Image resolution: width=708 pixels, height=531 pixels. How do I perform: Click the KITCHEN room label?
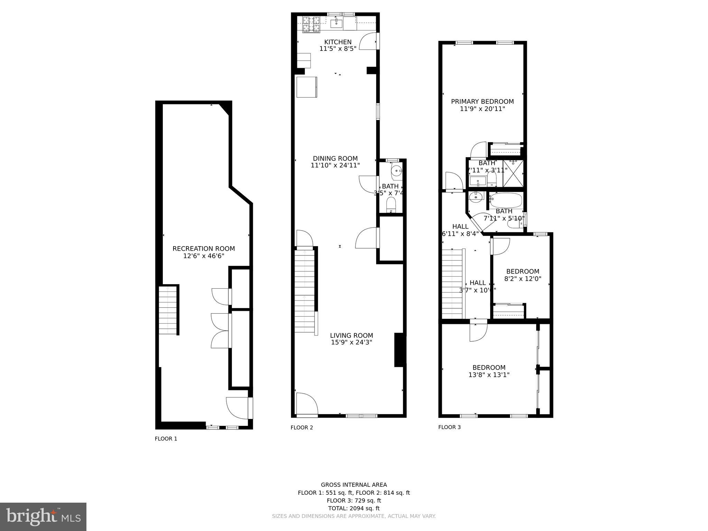coord(338,42)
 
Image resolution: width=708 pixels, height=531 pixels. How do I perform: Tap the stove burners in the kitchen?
coord(311,24)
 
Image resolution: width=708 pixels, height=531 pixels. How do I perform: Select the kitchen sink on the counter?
coord(336,24)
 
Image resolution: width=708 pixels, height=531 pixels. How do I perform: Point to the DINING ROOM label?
coord(335,159)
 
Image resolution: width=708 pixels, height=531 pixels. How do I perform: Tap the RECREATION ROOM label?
coord(204,249)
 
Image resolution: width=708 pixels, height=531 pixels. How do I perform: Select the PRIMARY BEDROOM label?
coord(482,101)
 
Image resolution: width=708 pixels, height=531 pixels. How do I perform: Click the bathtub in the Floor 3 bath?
coord(506,201)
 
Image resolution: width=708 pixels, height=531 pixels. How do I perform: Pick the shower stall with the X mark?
coord(513,174)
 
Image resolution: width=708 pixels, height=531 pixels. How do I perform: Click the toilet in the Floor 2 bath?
coord(391,205)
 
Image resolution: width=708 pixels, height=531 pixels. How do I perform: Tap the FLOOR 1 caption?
coord(166,439)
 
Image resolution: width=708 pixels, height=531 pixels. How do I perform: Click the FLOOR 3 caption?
coord(449,427)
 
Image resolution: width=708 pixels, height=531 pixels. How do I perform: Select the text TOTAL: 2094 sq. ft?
coord(354,508)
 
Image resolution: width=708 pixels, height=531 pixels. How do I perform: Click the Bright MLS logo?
coord(43,516)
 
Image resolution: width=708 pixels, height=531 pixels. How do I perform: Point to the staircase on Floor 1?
coord(168,309)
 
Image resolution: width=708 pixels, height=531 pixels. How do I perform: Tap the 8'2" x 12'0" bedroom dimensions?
coord(523,279)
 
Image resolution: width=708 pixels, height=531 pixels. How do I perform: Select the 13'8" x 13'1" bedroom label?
coord(489,367)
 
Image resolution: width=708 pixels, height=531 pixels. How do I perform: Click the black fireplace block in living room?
coord(400,350)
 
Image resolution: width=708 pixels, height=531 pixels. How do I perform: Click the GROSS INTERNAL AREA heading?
coord(354,485)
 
